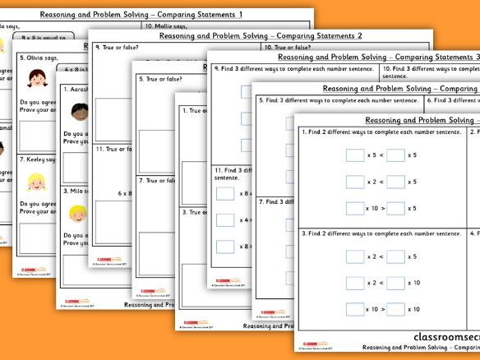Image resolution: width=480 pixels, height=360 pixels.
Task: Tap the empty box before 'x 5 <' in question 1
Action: coord(354,155)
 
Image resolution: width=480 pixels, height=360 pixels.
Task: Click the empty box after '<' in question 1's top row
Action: coord(395,155)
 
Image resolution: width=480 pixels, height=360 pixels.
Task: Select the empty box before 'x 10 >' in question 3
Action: coord(354,309)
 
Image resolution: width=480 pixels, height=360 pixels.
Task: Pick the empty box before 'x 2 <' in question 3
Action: coord(354,256)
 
